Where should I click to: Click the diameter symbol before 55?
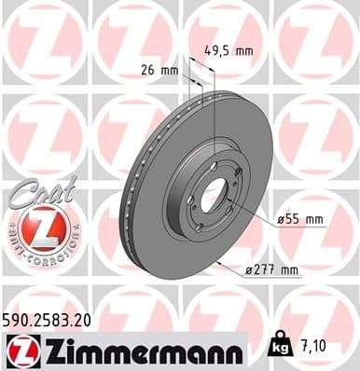coord(280,220)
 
